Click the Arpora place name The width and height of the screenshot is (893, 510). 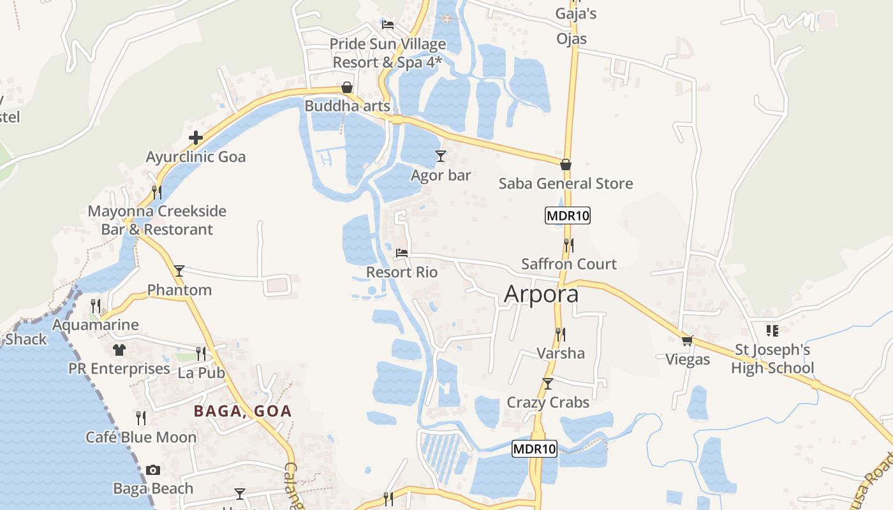click(542, 294)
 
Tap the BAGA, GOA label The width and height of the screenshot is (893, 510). click(242, 411)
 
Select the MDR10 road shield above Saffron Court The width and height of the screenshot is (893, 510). click(568, 215)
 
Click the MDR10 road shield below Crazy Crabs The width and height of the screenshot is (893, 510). click(535, 449)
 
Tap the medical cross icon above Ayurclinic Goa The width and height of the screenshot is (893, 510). click(196, 138)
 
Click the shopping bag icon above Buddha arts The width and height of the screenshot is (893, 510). click(347, 87)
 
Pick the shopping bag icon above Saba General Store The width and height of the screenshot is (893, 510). click(566, 164)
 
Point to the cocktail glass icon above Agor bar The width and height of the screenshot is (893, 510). click(440, 156)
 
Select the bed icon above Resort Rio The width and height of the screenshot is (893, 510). click(402, 253)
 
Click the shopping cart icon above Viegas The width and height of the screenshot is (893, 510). click(687, 340)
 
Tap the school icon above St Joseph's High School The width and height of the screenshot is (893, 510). click(772, 331)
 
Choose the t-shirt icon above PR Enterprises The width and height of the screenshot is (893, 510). click(119, 349)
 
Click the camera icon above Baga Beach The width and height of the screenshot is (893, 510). click(153, 470)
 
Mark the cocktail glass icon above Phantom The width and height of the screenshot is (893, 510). click(179, 270)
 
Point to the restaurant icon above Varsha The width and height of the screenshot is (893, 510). click(561, 333)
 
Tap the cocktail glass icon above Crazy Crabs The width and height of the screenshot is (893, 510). click(547, 383)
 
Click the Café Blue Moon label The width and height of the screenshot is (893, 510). click(142, 437)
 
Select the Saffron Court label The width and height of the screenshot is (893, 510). click(569, 264)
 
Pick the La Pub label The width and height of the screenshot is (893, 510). click(202, 373)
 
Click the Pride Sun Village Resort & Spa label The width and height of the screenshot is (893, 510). click(388, 53)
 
